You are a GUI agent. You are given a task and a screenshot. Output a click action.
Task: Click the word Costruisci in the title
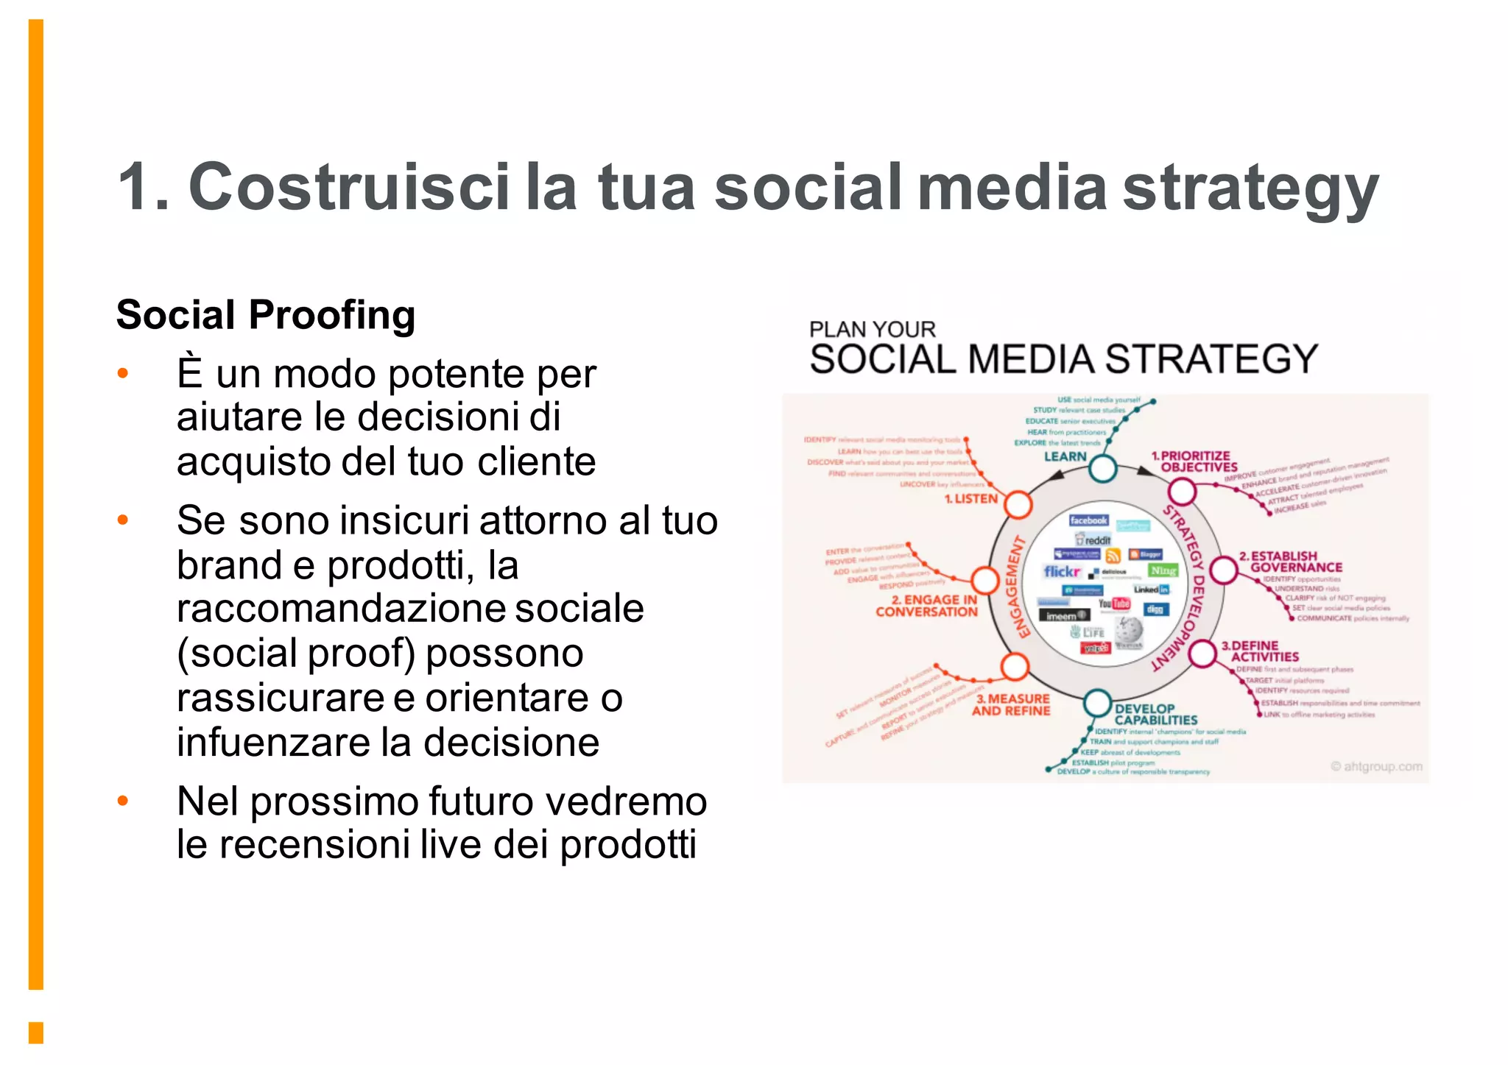click(x=349, y=187)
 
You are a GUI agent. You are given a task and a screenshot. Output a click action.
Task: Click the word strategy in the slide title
click(x=1250, y=189)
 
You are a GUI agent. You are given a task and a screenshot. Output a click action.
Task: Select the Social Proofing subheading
click(x=266, y=315)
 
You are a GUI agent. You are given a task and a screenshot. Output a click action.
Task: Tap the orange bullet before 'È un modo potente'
click(x=123, y=374)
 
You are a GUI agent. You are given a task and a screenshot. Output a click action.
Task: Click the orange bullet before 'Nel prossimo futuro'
click(x=123, y=800)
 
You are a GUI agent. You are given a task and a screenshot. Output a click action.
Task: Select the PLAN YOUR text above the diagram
click(x=872, y=329)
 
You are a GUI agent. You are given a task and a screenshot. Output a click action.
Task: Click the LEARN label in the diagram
click(x=1065, y=456)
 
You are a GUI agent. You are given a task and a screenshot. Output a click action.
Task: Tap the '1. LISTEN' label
click(x=970, y=499)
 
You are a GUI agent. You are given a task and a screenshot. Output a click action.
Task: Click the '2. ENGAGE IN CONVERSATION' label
click(x=926, y=606)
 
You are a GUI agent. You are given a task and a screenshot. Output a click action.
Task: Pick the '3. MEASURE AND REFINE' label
click(x=1011, y=704)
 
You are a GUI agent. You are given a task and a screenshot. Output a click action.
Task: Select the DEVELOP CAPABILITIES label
click(x=1155, y=714)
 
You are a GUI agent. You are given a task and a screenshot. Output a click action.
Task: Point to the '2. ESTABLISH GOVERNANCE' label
click(x=1290, y=562)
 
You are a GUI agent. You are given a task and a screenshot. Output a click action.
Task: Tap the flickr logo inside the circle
click(x=1061, y=571)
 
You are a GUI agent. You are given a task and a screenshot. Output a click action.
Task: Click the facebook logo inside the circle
click(x=1088, y=520)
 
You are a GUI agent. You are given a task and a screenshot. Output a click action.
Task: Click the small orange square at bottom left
click(x=36, y=1032)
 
